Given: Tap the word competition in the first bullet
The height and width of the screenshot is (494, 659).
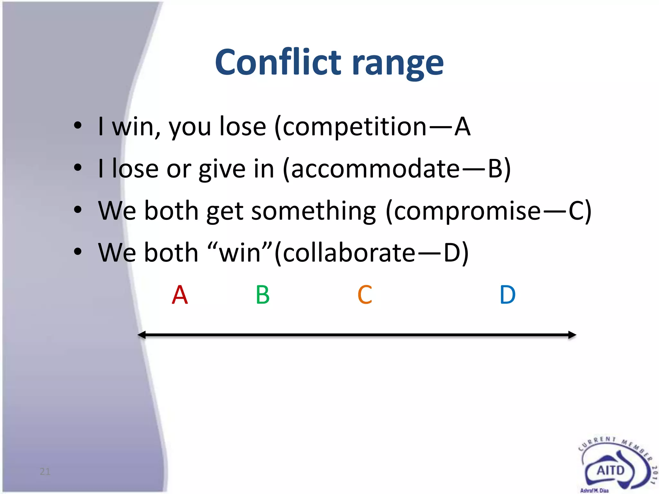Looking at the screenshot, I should pyautogui.click(x=355, y=127).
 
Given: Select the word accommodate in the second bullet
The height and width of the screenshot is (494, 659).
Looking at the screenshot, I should pyautogui.click(x=375, y=169).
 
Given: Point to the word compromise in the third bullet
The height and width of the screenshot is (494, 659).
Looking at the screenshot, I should pyautogui.click(x=467, y=211).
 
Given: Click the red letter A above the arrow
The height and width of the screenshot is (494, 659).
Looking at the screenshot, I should pyautogui.click(x=180, y=295).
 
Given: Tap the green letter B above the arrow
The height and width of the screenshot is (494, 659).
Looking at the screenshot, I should pyautogui.click(x=263, y=295).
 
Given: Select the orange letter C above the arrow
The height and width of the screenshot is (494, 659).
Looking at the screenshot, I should pyautogui.click(x=365, y=295).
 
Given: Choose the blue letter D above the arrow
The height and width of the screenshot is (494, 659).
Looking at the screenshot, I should pyautogui.click(x=507, y=295).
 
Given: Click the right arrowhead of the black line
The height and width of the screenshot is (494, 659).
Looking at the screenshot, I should pyautogui.click(x=572, y=335).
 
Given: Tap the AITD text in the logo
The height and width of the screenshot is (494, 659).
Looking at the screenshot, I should pyautogui.click(x=610, y=471).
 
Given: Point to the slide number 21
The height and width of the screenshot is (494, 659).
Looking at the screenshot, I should pyautogui.click(x=45, y=471).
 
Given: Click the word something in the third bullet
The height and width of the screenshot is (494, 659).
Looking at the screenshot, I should pyautogui.click(x=313, y=211).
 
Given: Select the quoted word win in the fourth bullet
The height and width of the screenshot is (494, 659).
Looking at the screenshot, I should pyautogui.click(x=240, y=253).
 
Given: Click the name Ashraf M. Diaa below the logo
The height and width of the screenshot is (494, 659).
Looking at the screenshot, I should pyautogui.click(x=594, y=490).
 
